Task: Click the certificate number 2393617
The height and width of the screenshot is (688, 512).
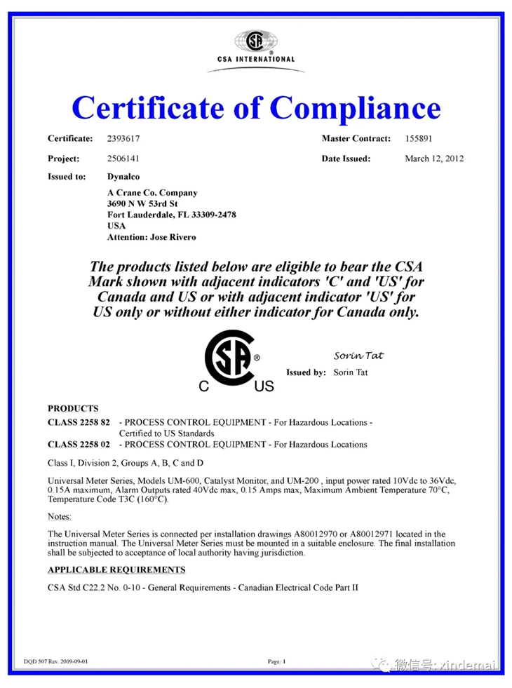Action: click(123, 139)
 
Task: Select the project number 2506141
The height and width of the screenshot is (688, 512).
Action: click(123, 158)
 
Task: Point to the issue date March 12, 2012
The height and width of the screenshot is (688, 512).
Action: click(434, 158)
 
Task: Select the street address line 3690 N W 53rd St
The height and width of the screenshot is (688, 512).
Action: click(146, 203)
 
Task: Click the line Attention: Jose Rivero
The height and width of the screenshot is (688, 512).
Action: click(151, 237)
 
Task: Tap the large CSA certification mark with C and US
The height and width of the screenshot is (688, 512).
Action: click(235, 360)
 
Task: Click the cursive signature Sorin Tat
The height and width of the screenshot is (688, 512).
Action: click(358, 356)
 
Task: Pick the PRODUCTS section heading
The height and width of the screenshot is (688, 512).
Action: click(73, 408)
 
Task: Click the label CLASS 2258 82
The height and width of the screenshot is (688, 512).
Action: click(79, 423)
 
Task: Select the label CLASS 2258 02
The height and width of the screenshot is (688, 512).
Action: click(79, 445)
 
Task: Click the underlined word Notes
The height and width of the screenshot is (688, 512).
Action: click(60, 516)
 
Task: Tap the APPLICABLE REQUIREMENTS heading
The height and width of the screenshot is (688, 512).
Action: click(116, 569)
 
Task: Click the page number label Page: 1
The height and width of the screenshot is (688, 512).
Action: click(277, 661)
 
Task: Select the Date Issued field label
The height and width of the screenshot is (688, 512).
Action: click(346, 158)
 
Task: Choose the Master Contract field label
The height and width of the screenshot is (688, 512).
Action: click(356, 139)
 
